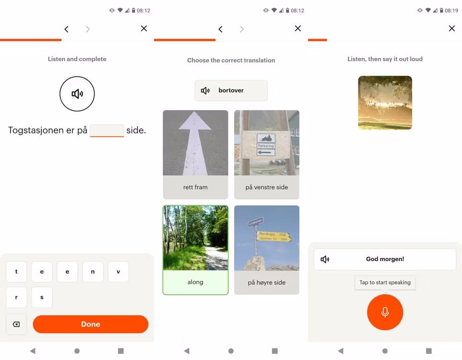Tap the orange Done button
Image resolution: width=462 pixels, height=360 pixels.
[x=90, y=324]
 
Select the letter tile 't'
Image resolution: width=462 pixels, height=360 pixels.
[x=16, y=272]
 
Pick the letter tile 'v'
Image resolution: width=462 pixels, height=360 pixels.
[x=118, y=272]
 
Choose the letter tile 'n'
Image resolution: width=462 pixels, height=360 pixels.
[x=93, y=272]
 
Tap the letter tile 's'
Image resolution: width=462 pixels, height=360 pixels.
[x=42, y=298]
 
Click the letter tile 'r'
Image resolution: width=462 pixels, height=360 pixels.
[x=16, y=298]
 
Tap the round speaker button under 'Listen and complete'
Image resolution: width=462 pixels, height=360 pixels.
[x=77, y=94]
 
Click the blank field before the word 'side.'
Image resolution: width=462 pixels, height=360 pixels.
[x=107, y=131]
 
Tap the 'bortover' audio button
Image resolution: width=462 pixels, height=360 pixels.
[x=231, y=91]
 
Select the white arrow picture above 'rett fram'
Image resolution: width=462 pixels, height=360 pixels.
[x=195, y=143]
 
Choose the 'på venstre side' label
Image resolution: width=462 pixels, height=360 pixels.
[x=267, y=187]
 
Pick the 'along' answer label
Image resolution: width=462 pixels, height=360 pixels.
[x=195, y=282]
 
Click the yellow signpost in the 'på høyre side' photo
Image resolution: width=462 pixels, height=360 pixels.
[x=274, y=236]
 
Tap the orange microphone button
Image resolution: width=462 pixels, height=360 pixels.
[x=385, y=312]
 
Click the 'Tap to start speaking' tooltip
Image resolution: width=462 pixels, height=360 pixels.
[x=385, y=283]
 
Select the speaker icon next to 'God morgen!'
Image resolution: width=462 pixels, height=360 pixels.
[x=325, y=259]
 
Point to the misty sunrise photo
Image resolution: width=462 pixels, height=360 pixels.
[x=385, y=103]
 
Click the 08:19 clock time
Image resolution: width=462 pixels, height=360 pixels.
[x=451, y=11]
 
